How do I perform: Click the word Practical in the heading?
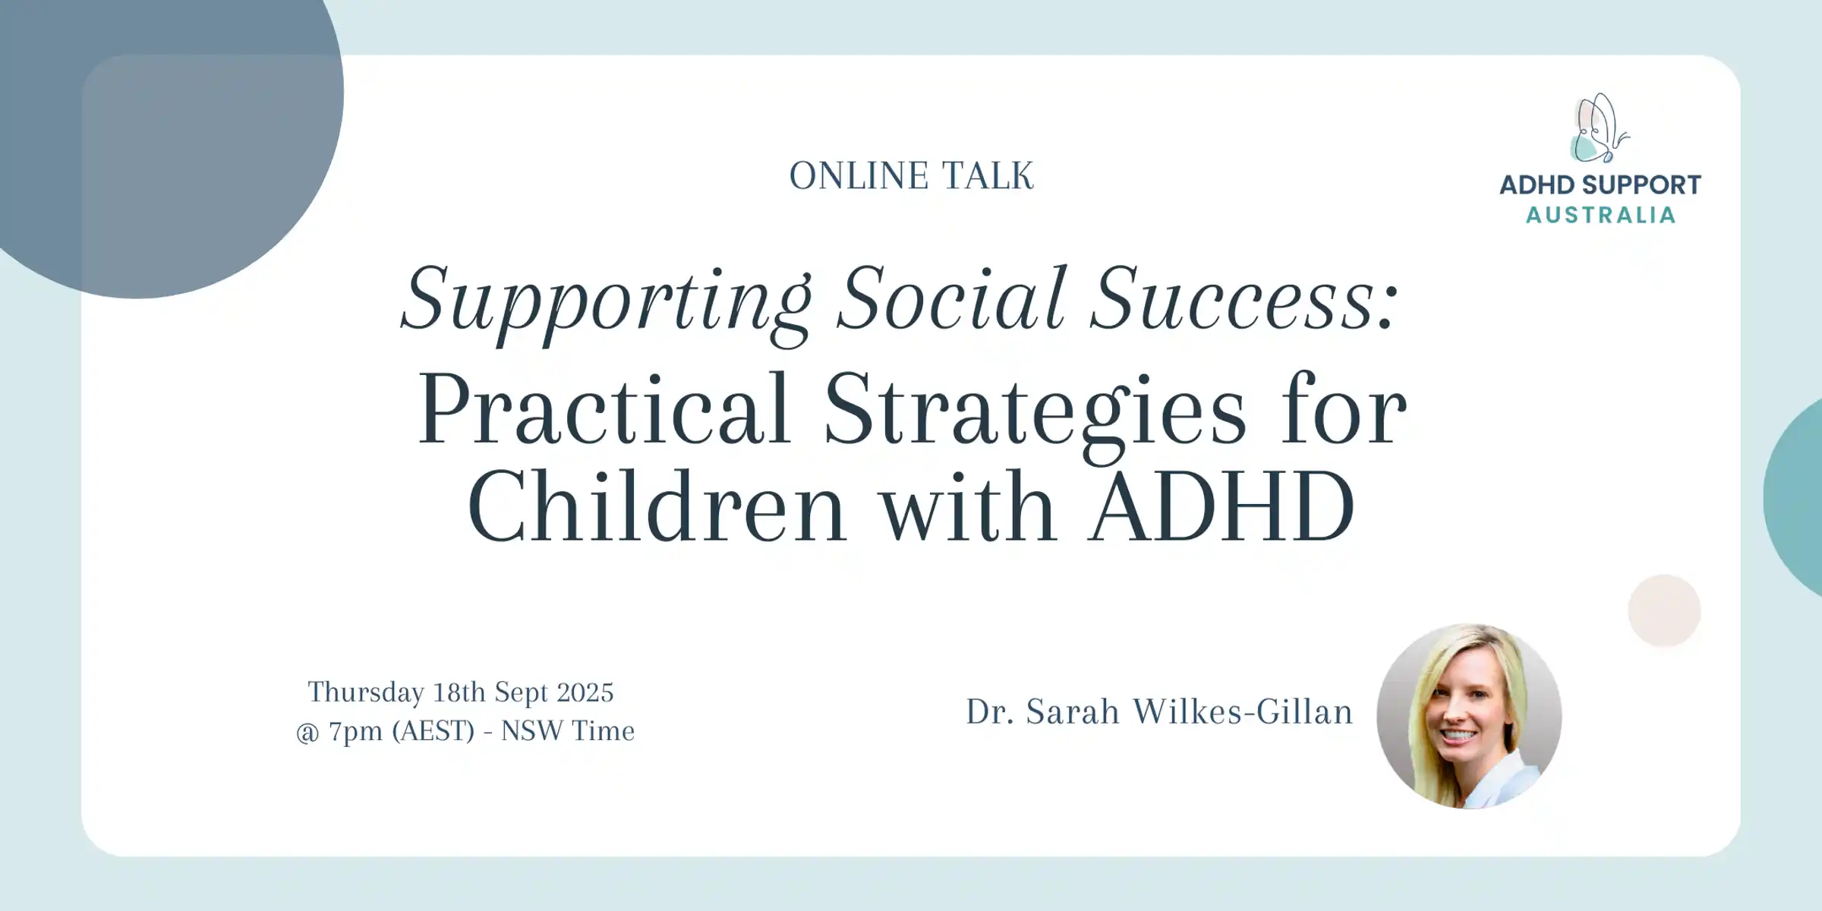(604, 410)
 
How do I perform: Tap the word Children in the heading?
(657, 506)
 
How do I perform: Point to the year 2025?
(585, 692)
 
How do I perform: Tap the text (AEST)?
(433, 732)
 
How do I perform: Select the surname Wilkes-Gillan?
(1243, 712)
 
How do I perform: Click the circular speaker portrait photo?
(1469, 716)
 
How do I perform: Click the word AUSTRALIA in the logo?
(1600, 216)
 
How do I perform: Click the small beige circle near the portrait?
(1664, 610)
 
